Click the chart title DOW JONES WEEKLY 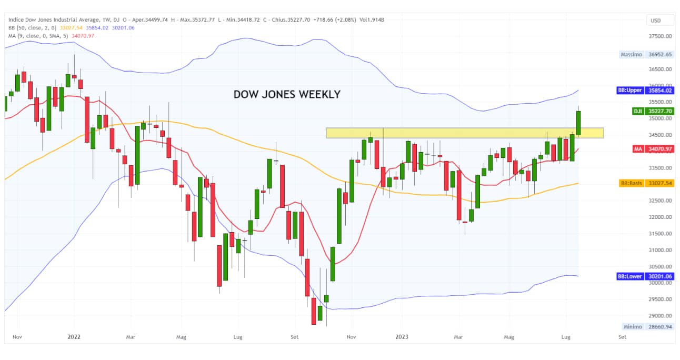pyautogui.click(x=287, y=95)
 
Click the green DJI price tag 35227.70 pyautogui.click(x=660, y=111)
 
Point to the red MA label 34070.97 pyautogui.click(x=660, y=149)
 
